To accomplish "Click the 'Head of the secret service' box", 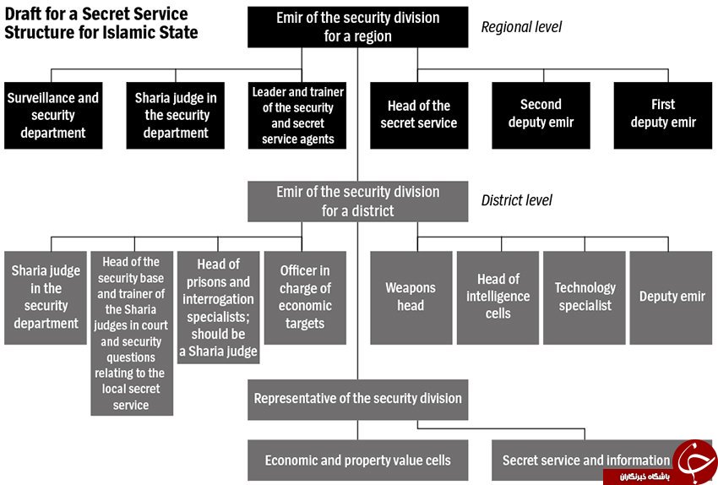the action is [x=419, y=116].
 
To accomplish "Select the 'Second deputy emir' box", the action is [x=541, y=116].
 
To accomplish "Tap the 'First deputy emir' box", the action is [x=663, y=116].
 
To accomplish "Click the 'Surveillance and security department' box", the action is [x=53, y=116].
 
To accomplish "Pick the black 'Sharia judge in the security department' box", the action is [x=176, y=116].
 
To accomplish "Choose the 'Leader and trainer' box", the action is [x=297, y=116].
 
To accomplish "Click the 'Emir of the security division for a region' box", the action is [x=357, y=27].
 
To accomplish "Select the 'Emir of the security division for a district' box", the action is [x=357, y=201].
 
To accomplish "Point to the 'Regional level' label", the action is [x=521, y=27].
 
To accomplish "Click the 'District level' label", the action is [x=516, y=200].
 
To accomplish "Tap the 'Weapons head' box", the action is [x=411, y=297].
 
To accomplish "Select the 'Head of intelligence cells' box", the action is [x=498, y=297].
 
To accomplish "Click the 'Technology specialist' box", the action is [x=585, y=297].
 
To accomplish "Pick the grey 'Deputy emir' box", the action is [x=672, y=297].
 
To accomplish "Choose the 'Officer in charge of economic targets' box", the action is [x=305, y=297].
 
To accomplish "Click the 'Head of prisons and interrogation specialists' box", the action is [x=219, y=308].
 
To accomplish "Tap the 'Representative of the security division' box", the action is [x=357, y=400].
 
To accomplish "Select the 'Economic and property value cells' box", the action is [x=357, y=460].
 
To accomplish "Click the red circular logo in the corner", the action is [x=696, y=460].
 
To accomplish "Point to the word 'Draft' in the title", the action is [x=23, y=14].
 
